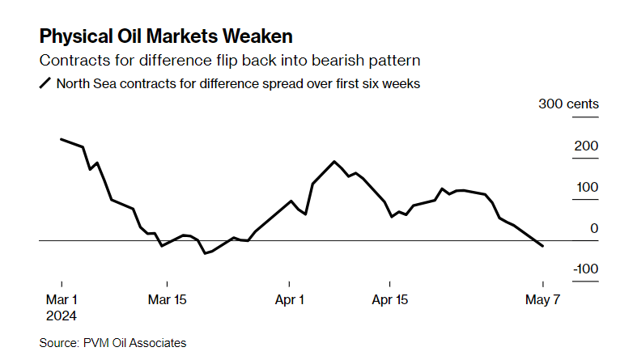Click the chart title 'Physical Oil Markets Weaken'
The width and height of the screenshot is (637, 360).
click(166, 36)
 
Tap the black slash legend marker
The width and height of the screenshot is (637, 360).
click(45, 83)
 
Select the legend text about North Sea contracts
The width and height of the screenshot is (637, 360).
click(238, 83)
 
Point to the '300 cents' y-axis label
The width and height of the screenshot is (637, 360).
click(568, 104)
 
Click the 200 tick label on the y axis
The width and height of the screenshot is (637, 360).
click(586, 146)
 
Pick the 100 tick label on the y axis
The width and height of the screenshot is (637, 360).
click(586, 187)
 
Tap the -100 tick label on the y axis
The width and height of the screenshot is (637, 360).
click(584, 269)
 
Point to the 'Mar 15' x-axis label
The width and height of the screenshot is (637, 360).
click(167, 299)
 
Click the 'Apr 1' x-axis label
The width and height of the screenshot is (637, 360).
click(290, 299)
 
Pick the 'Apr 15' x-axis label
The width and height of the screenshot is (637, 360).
click(389, 299)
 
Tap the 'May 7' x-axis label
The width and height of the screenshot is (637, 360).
click(541, 299)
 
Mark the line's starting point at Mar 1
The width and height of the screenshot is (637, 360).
click(62, 139)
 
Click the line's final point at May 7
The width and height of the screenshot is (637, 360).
click(542, 246)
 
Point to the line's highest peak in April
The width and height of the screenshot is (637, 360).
click(334, 162)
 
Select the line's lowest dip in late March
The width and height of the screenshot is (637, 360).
click(206, 253)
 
